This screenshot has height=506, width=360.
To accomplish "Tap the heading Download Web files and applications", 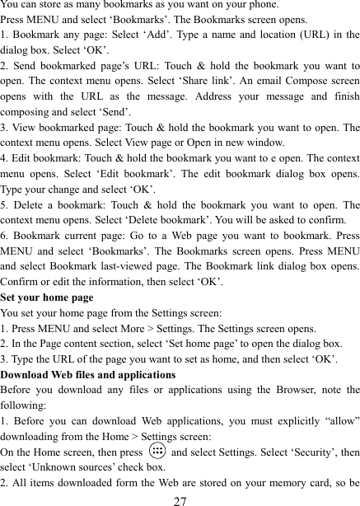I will pyautogui.click(x=88, y=374).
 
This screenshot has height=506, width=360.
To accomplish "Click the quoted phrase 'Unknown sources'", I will pyautogui.click(x=69, y=467).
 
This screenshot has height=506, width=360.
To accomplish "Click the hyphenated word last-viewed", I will pyautogui.click(x=148, y=265).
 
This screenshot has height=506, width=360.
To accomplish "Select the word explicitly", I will pyautogui.click(x=289, y=421).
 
